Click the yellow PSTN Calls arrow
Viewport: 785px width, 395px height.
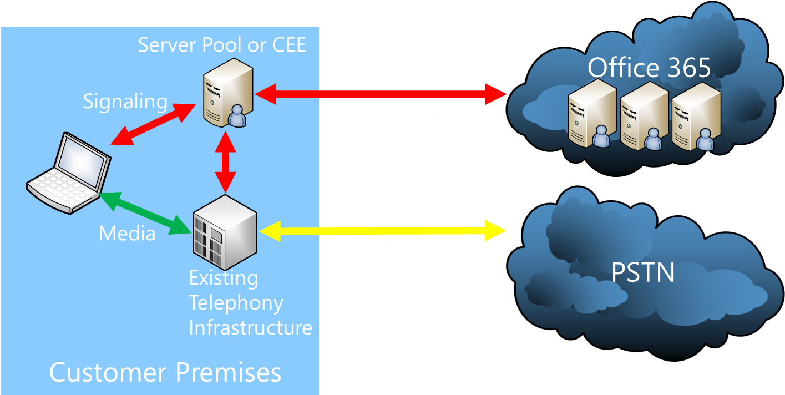click(x=383, y=231)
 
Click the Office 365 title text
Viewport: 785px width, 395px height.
click(x=649, y=68)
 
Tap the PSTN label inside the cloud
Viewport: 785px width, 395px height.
click(x=643, y=272)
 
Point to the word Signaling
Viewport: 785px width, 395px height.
click(x=125, y=102)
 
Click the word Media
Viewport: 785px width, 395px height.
click(x=127, y=234)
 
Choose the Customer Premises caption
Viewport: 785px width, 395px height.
click(x=165, y=372)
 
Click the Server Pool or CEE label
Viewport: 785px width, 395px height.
click(x=222, y=45)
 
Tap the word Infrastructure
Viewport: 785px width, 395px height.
click(x=250, y=327)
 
